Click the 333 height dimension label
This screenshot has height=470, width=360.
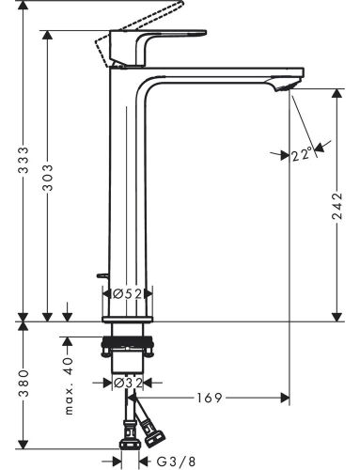pos(23,160)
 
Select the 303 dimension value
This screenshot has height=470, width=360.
pos(48,178)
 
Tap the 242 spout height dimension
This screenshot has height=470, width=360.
pos(337,206)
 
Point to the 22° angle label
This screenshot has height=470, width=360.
pos(302,155)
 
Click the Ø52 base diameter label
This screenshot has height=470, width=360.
pos(128,294)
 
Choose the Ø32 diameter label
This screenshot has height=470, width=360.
pos(128,383)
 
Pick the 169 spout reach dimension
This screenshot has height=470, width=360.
pos(209,398)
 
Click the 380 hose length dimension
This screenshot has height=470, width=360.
pos(23,384)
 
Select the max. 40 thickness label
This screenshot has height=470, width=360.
pos(68,386)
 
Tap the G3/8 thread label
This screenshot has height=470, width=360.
pos(176,462)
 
